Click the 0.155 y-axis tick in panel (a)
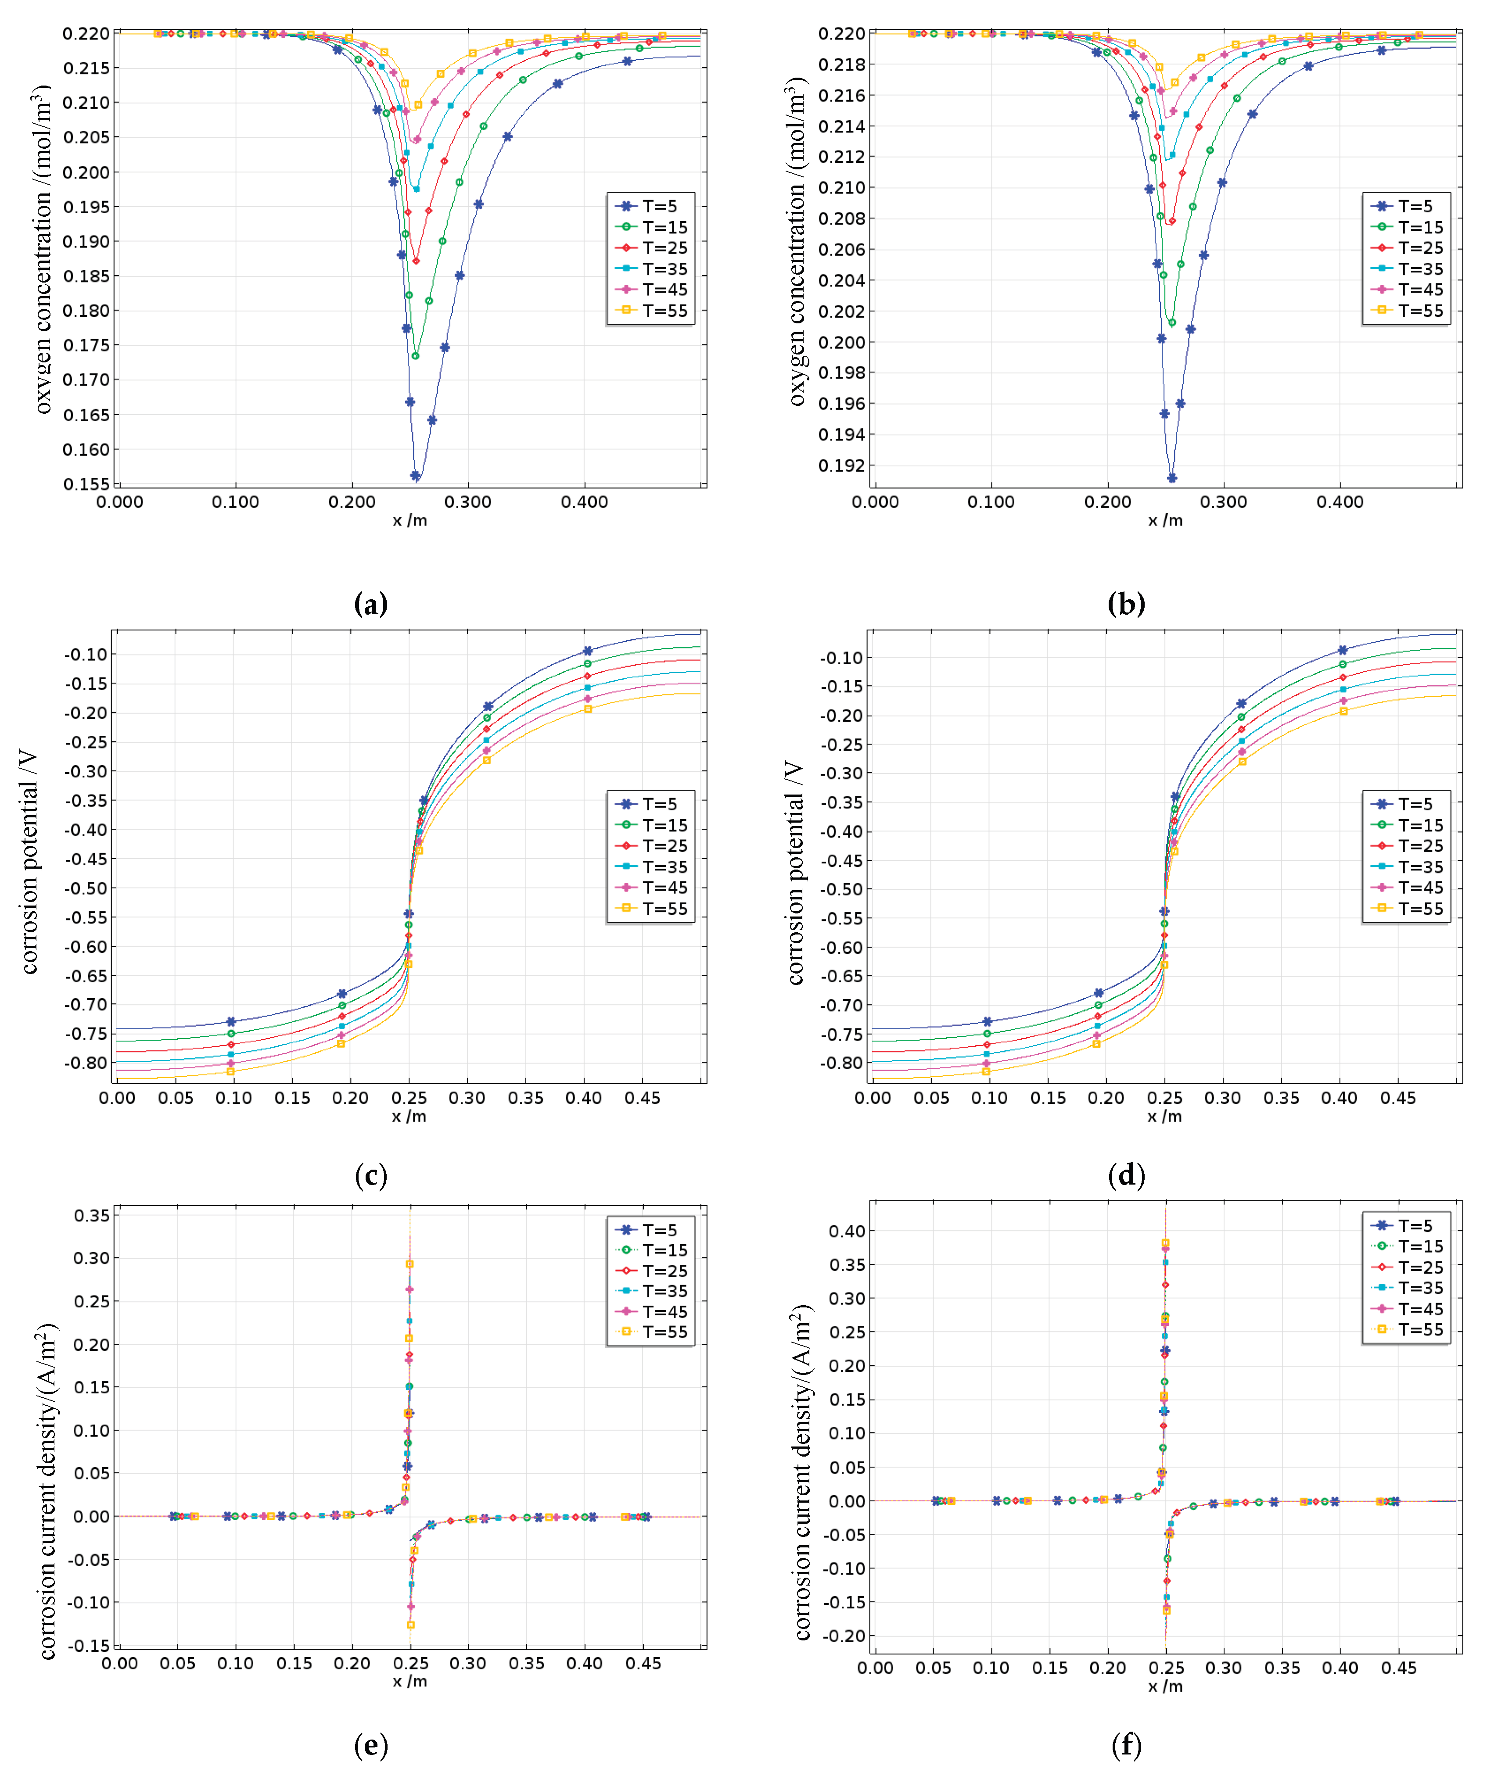click(x=86, y=484)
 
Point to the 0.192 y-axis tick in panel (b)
click(x=841, y=465)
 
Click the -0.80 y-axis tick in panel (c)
click(x=86, y=1063)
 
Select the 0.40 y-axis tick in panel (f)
click(x=848, y=1231)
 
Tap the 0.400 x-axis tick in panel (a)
click(x=584, y=502)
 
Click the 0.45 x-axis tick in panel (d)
click(x=1398, y=1098)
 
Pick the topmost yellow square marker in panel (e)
click(x=409, y=1264)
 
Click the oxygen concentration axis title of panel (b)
click(x=796, y=242)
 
